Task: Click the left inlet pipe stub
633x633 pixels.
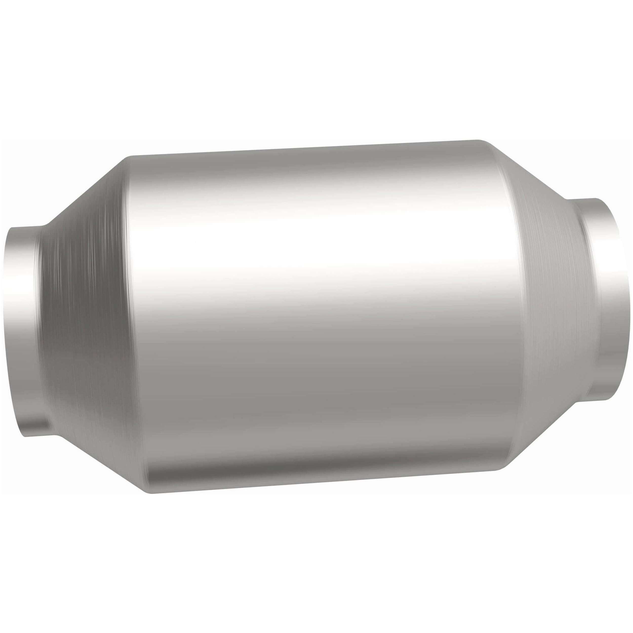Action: pyautogui.click(x=23, y=328)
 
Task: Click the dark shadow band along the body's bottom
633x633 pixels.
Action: pyautogui.click(x=324, y=472)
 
